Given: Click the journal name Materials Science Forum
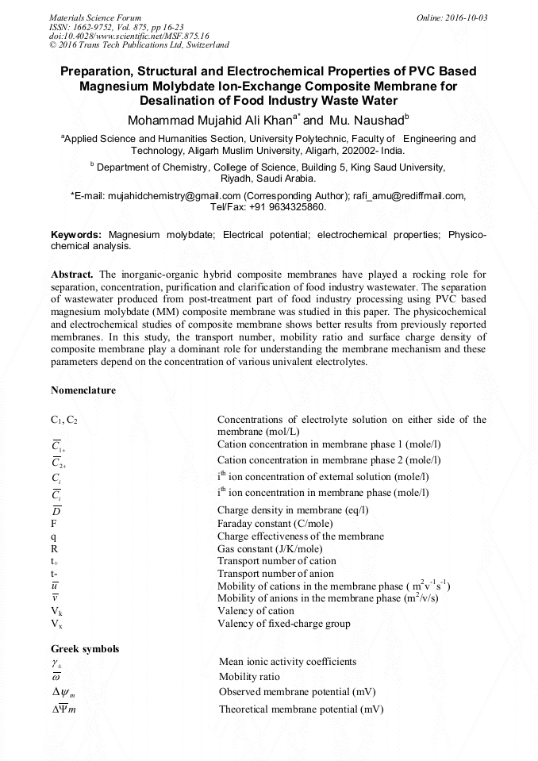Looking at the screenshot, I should (x=95, y=17).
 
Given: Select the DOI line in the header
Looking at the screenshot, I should (x=118, y=36).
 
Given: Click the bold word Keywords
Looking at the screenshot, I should (x=76, y=236).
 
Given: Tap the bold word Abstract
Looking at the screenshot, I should (x=72, y=275).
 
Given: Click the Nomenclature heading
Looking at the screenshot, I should (x=83, y=390).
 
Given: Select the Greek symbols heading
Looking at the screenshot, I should (x=85, y=649).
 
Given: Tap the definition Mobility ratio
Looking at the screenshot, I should (x=249, y=677).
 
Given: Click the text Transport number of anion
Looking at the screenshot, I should (x=275, y=573).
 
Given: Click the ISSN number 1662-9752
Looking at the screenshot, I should (x=86, y=27).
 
